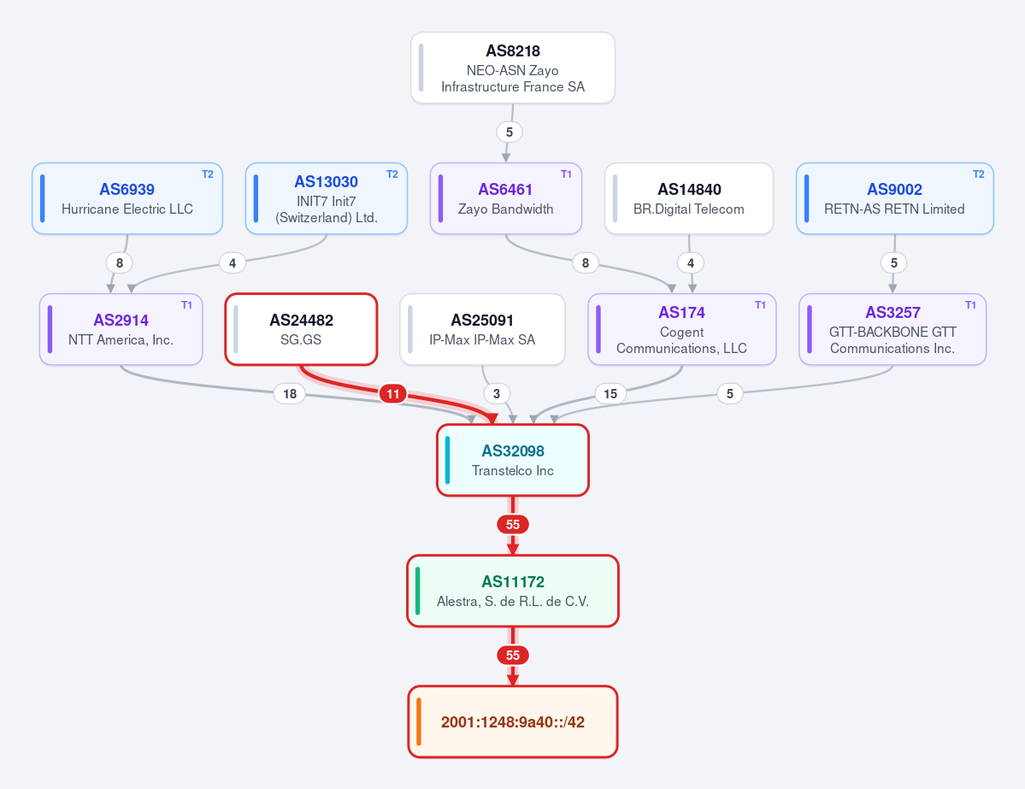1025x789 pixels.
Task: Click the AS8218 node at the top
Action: (513, 68)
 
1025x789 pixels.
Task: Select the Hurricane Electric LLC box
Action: (127, 198)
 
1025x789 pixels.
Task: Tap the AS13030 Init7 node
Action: (327, 198)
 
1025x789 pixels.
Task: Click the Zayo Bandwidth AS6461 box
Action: (506, 198)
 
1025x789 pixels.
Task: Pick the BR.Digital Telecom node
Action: (689, 198)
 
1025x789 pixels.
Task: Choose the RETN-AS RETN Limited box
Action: (894, 198)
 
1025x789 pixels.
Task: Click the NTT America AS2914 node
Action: (121, 329)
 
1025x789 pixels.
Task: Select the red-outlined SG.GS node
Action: (302, 329)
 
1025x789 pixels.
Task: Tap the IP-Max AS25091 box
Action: (482, 329)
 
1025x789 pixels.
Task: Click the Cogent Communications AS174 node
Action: (682, 329)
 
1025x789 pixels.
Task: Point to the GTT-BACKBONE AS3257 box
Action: (892, 329)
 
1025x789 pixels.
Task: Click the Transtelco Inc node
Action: (513, 460)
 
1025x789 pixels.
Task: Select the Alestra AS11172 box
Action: (513, 591)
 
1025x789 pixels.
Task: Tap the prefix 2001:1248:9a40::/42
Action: (513, 721)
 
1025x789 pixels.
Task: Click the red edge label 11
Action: (393, 393)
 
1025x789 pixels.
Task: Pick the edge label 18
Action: (290, 393)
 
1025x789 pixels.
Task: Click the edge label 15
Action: (610, 393)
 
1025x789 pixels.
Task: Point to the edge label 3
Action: (497, 393)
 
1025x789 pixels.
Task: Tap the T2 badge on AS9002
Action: (979, 174)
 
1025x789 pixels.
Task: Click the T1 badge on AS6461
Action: (566, 174)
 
